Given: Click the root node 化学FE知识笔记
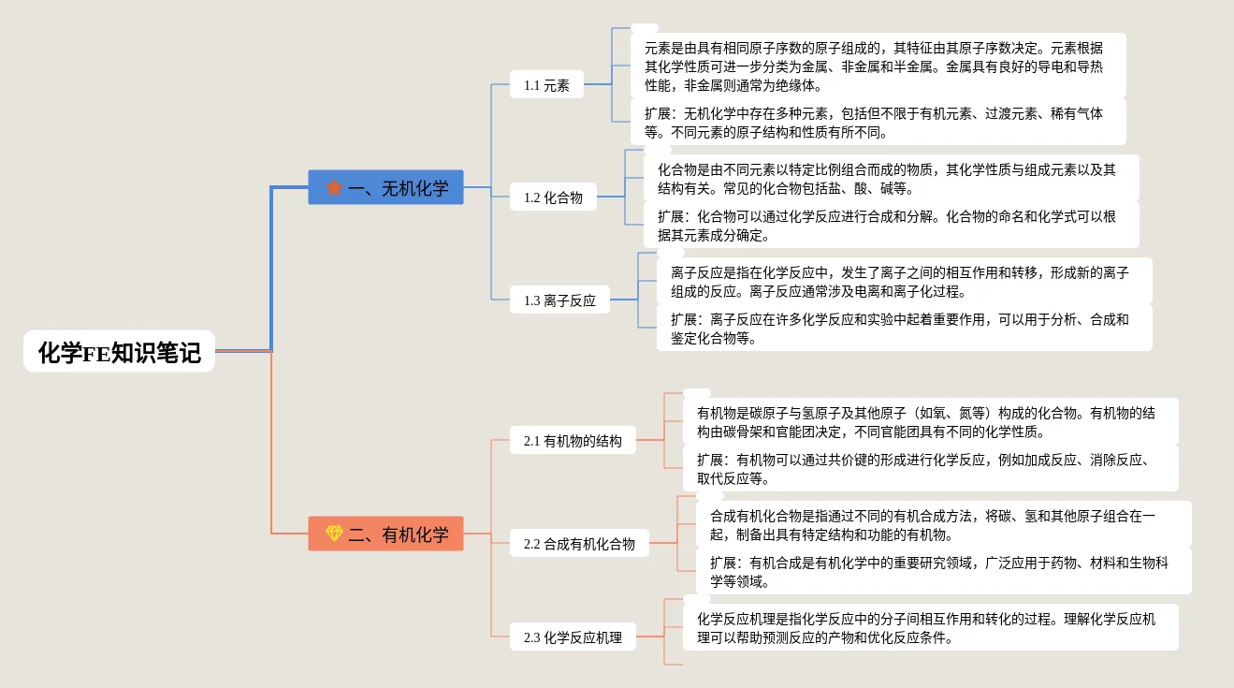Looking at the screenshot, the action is coord(119,352).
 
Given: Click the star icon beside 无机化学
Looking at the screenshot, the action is coord(334,188).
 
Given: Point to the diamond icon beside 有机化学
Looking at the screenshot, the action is coord(334,534).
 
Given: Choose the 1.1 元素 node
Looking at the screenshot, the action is coord(547,85).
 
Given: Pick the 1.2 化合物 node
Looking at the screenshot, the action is coord(554,198).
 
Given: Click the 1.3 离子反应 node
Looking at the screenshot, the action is coord(560,300).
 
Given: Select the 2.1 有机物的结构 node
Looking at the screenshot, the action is coord(573,441).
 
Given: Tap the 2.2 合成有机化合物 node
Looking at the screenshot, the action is coord(579,544).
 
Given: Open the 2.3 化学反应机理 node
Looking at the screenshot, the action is coord(573,637).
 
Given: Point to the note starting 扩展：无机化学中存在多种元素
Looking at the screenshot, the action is coord(878,123).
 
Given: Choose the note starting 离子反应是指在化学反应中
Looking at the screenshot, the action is coord(904,282).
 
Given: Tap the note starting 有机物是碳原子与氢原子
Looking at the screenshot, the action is coord(930,422).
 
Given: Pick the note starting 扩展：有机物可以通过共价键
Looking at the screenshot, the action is coord(930,469).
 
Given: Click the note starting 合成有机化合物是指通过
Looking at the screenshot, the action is coord(943,525).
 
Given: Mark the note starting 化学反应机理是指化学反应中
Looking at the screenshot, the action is coord(930,628).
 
